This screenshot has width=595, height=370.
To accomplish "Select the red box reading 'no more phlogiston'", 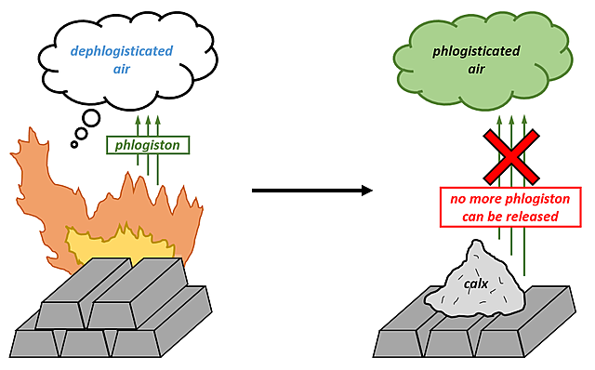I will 504,207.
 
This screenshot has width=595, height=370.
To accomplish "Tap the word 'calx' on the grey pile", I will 475,284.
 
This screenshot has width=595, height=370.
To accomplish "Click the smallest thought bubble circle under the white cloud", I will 73,144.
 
